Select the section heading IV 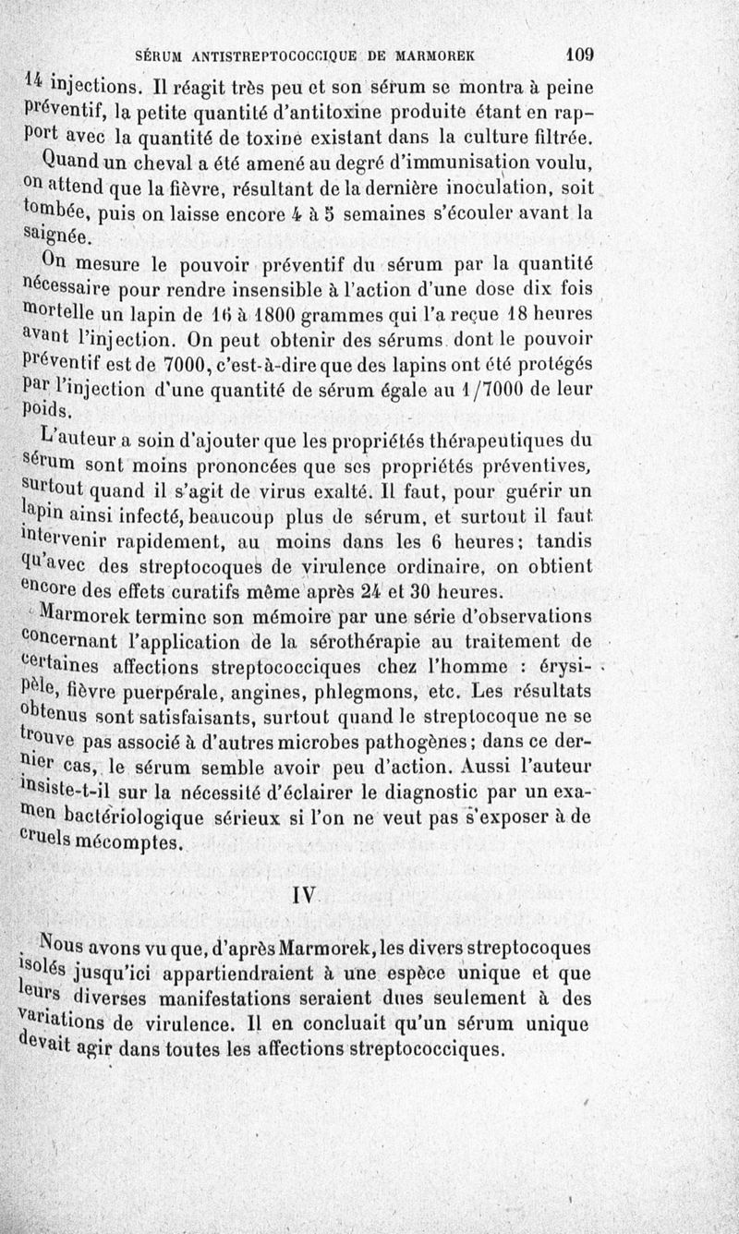304,895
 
